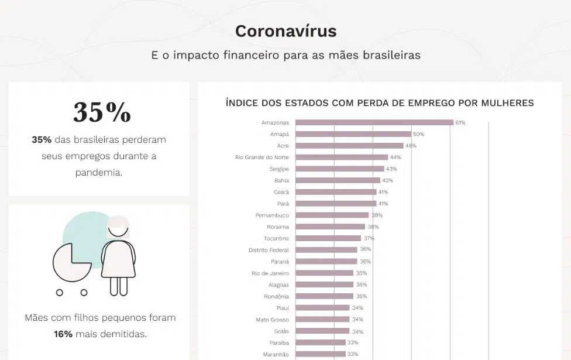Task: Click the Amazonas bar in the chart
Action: click(x=374, y=122)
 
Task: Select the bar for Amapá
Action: click(x=353, y=134)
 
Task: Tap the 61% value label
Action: click(x=460, y=123)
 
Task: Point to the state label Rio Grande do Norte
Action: click(x=262, y=157)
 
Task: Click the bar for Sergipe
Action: click(x=340, y=169)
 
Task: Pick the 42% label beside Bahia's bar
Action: click(x=387, y=180)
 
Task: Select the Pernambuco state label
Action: click(x=272, y=215)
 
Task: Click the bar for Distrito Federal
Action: click(x=326, y=250)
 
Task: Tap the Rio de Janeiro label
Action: click(x=270, y=273)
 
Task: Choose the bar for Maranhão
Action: click(x=320, y=354)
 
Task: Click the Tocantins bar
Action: click(x=328, y=238)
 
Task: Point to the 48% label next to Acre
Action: click(x=411, y=146)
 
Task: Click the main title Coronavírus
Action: click(x=285, y=31)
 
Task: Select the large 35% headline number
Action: click(x=102, y=112)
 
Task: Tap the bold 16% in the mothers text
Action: click(x=63, y=334)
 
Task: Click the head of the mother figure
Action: click(x=119, y=228)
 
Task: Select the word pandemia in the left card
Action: click(x=99, y=173)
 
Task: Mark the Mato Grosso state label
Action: click(x=272, y=320)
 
